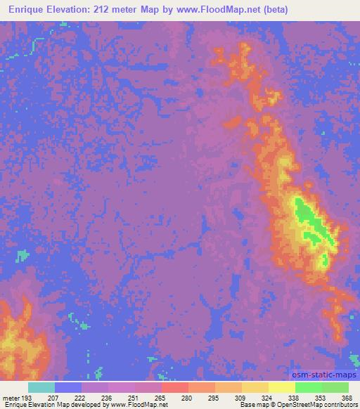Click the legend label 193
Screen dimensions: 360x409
(26, 398)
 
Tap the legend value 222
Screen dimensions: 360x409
(79, 398)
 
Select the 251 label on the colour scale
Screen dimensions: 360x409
(133, 398)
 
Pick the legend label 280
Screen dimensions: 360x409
(186, 398)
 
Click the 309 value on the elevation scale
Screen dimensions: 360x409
(240, 398)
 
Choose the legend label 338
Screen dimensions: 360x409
(293, 398)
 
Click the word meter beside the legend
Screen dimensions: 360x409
(10, 398)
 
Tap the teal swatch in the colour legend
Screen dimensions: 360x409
(41, 387)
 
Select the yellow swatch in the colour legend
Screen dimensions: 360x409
(282, 387)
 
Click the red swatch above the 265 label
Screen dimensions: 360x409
(175, 387)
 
